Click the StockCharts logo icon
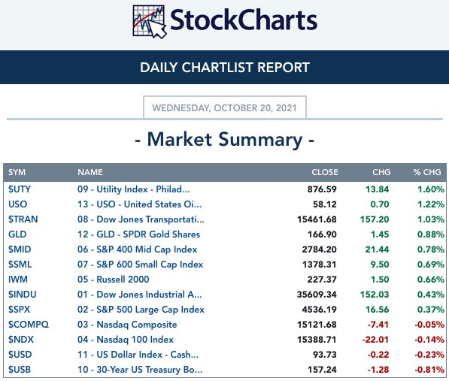150,22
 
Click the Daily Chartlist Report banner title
225,68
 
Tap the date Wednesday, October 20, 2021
224,107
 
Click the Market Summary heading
225,140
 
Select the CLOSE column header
325,172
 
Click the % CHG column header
427,172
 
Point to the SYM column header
17,172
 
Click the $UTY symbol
20,189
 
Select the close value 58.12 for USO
325,204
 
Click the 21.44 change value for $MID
377,249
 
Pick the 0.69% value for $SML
431,265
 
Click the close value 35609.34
317,295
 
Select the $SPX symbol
20,310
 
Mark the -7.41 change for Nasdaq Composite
378,325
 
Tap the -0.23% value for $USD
429,355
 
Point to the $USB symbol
20,370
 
